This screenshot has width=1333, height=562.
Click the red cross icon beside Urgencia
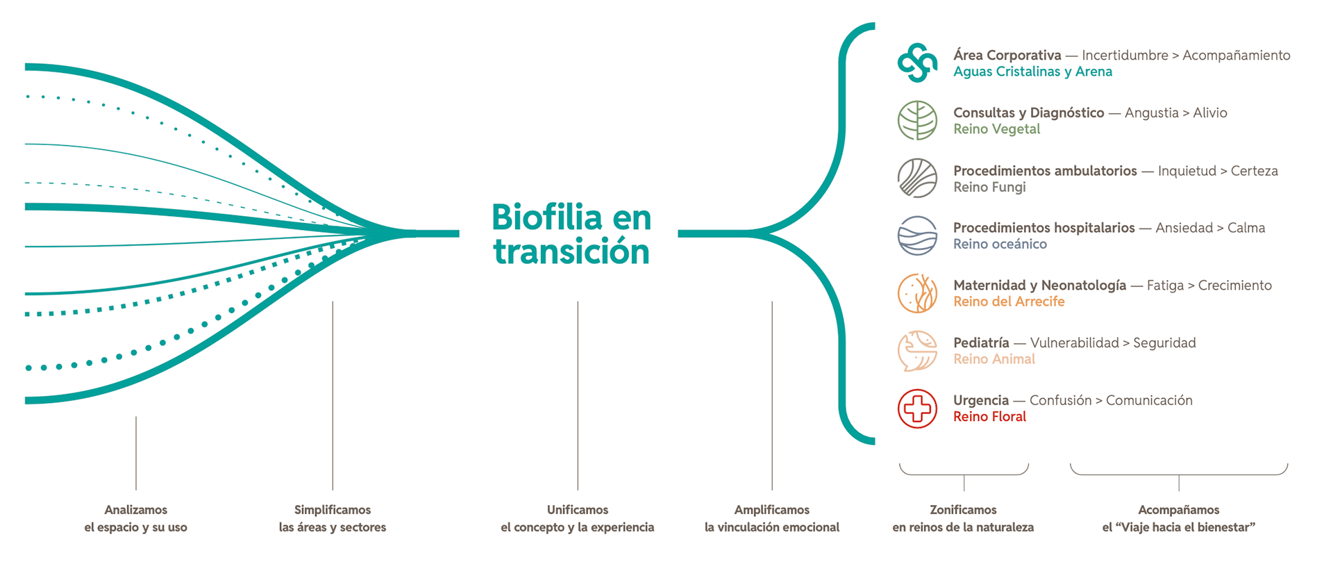[x=917, y=408]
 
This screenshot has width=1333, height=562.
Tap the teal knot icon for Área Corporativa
[x=917, y=63]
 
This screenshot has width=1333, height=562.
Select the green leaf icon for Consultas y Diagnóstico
[x=917, y=120]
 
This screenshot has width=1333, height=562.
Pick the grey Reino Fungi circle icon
[x=917, y=178]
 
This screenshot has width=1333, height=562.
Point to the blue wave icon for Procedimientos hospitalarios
[x=917, y=235]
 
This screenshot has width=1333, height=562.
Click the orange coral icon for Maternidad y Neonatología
[x=917, y=293]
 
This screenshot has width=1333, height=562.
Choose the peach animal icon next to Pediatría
[x=917, y=351]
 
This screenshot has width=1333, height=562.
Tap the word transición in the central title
[x=571, y=251]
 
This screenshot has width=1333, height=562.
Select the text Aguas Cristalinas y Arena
[x=1032, y=72]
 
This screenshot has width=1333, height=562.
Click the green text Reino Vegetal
[x=996, y=129]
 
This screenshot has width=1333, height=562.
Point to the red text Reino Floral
[x=989, y=417]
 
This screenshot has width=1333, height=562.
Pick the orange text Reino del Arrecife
[x=1009, y=301]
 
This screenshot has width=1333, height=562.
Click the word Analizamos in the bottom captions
[x=136, y=510]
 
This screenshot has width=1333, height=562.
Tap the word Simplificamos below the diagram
[x=333, y=510]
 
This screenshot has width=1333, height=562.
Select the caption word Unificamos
[x=578, y=510]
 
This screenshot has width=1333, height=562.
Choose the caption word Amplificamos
[x=772, y=510]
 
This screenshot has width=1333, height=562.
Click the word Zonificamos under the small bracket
[x=963, y=510]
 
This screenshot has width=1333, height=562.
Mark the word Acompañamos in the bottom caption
[x=1179, y=510]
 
